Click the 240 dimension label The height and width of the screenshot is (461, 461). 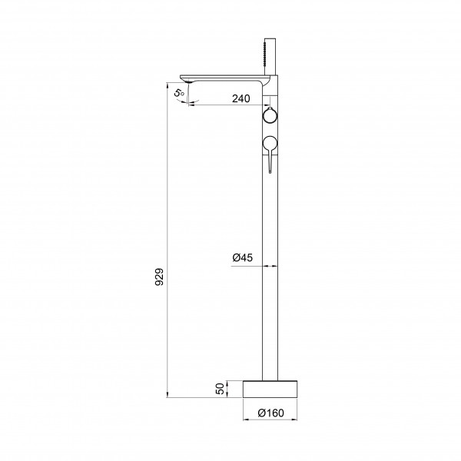click(x=240, y=98)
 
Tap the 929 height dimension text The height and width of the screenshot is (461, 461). click(x=159, y=277)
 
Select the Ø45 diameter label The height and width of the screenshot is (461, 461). click(x=243, y=257)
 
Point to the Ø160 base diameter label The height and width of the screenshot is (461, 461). click(x=270, y=413)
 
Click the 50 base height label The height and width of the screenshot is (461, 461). click(x=220, y=389)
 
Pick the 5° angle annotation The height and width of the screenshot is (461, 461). click(x=179, y=93)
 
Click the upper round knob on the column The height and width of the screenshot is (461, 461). click(x=270, y=114)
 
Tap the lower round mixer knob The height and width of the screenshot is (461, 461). click(x=270, y=143)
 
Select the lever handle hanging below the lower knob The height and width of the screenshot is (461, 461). click(x=270, y=161)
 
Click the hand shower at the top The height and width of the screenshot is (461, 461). click(x=270, y=56)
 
